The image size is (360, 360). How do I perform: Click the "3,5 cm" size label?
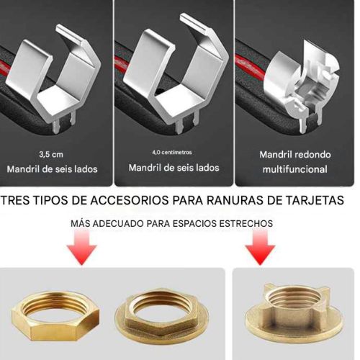(x=51, y=154)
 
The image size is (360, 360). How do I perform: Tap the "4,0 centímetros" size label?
(x=173, y=153)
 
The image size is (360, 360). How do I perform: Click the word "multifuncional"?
(x=294, y=171)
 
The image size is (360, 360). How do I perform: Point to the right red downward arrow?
(x=261, y=252)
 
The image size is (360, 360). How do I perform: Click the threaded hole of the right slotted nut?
(x=291, y=308)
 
